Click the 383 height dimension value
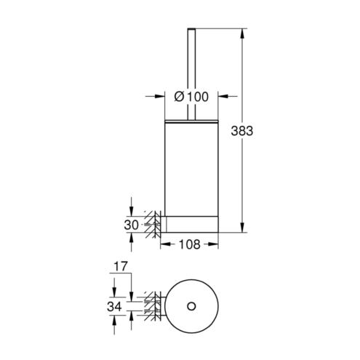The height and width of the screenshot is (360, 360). [241, 131]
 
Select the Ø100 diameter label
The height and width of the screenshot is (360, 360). [191, 97]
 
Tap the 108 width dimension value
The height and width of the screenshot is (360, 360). [189, 244]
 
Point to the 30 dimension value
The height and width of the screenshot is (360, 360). [131, 225]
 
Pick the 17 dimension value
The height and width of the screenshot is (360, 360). [121, 266]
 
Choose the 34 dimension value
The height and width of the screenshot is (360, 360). [114, 307]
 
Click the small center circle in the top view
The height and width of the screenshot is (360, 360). [191, 306]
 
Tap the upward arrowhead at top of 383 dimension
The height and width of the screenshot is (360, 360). [241, 33]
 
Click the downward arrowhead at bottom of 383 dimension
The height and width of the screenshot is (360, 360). [241, 227]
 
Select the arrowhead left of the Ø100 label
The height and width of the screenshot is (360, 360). [160, 97]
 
